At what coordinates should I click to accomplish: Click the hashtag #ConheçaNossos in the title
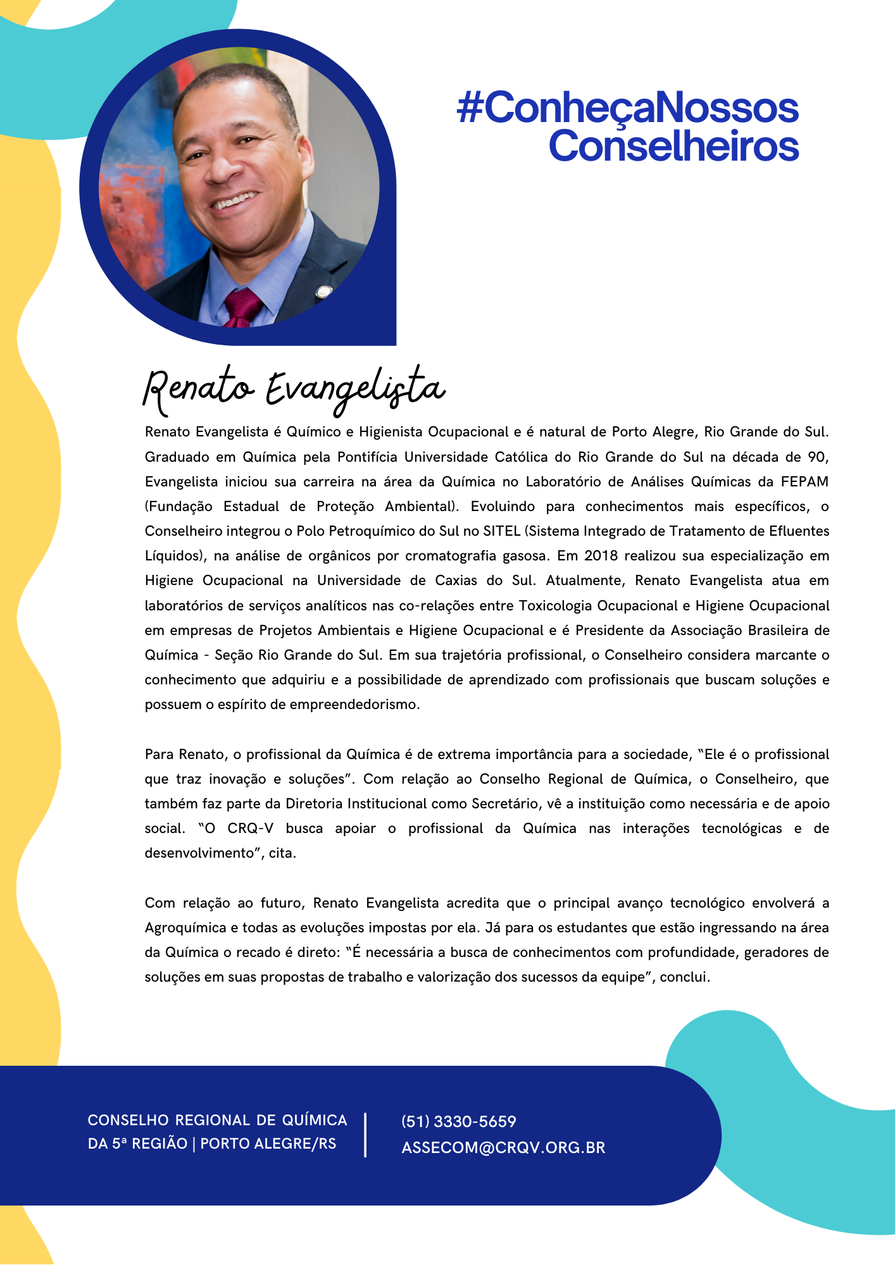(627, 108)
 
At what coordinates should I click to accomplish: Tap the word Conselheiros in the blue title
(673, 146)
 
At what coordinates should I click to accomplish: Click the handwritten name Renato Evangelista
(294, 388)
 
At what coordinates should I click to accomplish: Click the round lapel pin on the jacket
(324, 292)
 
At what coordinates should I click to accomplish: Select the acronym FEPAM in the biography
(804, 482)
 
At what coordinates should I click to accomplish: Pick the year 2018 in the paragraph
(601, 556)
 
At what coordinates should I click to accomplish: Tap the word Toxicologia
(556, 606)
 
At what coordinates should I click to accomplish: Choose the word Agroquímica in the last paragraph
(185, 928)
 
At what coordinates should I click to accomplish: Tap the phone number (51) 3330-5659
(459, 1121)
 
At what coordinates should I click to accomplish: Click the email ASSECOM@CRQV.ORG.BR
(503, 1147)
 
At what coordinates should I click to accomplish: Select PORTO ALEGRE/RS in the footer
(268, 1144)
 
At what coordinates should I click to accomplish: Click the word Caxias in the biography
(456, 581)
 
